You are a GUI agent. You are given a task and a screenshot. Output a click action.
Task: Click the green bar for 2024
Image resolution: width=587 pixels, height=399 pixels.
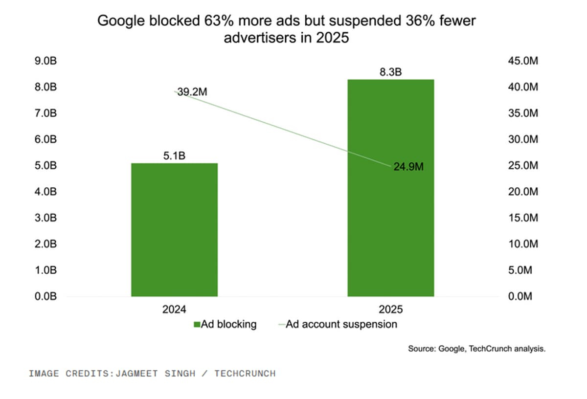174,230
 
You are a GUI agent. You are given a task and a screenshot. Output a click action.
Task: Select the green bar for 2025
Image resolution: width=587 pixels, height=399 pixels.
390,188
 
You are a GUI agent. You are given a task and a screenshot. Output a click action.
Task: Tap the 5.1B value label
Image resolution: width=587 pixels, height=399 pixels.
175,156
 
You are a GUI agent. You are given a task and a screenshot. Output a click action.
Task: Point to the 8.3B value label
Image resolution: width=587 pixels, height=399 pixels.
390,72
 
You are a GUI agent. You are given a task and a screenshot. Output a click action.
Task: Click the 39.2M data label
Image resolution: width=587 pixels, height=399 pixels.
189,92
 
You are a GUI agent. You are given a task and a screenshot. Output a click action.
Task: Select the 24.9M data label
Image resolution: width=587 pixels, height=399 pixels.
408,167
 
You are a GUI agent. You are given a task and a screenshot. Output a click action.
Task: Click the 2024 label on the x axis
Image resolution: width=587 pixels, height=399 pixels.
175,309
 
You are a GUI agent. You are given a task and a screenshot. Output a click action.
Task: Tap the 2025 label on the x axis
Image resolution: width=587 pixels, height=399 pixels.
390,309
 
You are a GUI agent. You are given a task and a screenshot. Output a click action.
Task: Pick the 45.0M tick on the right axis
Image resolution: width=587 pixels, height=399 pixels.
523,61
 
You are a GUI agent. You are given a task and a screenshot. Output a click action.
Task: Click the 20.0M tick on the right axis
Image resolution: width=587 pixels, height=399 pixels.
523,192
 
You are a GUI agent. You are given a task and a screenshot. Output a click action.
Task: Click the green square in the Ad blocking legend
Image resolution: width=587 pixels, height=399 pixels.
197,324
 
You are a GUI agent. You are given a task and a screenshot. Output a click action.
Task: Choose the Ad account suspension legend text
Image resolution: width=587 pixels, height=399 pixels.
341,324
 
